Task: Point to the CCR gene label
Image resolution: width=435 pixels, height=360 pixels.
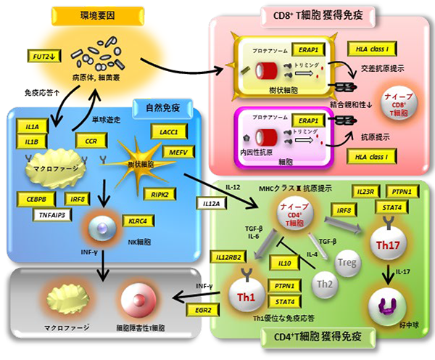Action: click(x=91, y=140)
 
